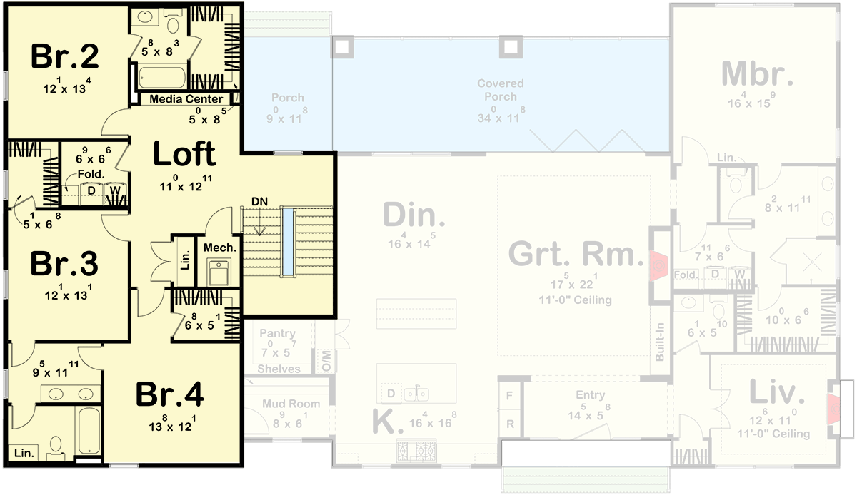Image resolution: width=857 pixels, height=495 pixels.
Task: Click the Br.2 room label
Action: (x=64, y=57)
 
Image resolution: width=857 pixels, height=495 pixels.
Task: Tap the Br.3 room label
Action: (x=64, y=264)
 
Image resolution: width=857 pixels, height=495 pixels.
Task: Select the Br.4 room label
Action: (x=169, y=394)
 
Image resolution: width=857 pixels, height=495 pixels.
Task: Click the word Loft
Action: (x=184, y=153)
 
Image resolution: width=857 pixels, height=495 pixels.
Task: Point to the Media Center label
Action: (x=186, y=99)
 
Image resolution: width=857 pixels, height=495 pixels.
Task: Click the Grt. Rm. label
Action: (x=572, y=254)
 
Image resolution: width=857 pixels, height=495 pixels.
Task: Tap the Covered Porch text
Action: (x=500, y=90)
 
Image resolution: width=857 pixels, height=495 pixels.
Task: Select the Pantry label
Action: (x=277, y=333)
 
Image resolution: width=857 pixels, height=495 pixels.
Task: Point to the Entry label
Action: (x=590, y=395)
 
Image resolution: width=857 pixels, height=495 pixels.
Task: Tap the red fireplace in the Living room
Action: (x=833, y=406)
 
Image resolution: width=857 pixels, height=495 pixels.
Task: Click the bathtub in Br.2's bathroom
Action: (x=161, y=77)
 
